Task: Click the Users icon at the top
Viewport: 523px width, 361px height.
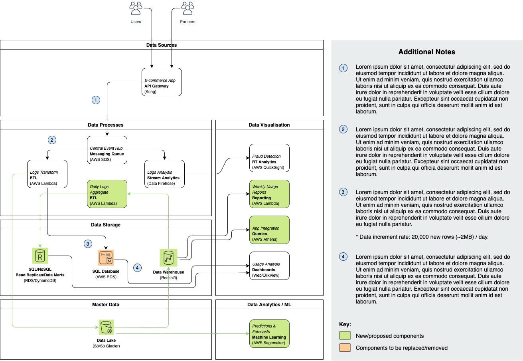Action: pos(136,8)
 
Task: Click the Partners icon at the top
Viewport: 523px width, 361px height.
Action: pos(187,8)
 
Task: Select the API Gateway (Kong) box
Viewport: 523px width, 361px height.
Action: pos(162,82)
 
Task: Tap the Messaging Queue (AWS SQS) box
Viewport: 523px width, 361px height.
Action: pos(107,150)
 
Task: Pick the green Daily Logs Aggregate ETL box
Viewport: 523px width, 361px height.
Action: pos(107,194)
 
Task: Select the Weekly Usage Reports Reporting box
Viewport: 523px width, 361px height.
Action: pos(269,194)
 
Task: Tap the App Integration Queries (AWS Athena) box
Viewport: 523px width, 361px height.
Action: pos(269,230)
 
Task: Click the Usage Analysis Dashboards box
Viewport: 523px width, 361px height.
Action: pos(269,266)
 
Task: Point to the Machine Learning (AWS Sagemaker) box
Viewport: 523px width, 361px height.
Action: pos(269,334)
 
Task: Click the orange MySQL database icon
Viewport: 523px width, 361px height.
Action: pos(106,258)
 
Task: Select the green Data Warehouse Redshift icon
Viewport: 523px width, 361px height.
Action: pos(168,258)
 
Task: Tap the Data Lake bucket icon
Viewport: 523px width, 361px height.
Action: pos(106,327)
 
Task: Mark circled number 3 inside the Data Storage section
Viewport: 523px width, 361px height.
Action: pos(88,244)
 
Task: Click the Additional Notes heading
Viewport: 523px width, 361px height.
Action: pos(426,52)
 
